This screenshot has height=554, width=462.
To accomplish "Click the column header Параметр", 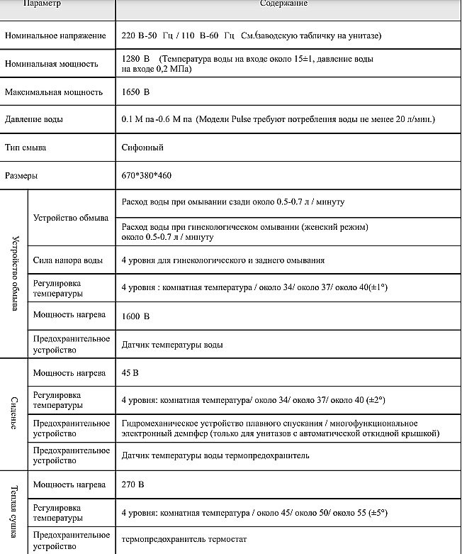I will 42,4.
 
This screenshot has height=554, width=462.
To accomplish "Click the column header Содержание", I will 284,4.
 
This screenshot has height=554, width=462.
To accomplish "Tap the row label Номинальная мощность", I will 51,64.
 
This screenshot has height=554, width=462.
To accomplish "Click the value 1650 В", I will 136,92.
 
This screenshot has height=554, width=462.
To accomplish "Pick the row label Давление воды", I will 34,119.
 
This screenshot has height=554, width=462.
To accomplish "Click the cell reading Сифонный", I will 142,148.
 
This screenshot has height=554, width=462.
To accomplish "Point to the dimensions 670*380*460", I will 146,174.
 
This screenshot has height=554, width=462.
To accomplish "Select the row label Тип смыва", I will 26,148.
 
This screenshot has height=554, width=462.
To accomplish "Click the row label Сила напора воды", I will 68,260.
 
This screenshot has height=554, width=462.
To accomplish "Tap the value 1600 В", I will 136,316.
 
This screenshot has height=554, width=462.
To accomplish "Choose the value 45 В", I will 130,372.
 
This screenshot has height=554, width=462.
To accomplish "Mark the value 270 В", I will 133,484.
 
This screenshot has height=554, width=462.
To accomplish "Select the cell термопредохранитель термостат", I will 185,540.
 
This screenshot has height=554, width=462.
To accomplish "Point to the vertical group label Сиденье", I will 14,414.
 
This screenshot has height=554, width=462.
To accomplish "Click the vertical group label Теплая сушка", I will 14,511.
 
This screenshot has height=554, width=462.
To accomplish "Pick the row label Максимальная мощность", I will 54,92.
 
